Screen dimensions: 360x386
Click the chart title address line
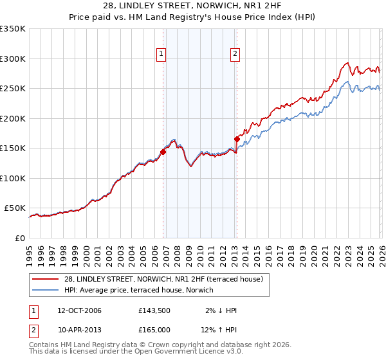pos(192,6)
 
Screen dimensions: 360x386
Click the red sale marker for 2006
pos(163,152)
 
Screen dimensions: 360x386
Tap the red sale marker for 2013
pos(237,139)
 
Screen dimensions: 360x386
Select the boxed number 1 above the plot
pos(160,55)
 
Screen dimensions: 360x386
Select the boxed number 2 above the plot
pos(235,55)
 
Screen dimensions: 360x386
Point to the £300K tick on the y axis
pos(13,59)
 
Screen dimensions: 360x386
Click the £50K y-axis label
pos(15,208)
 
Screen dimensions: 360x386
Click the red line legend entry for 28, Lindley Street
pos(163,279)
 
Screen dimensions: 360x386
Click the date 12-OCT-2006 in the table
pos(75,310)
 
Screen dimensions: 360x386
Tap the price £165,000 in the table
pos(154,330)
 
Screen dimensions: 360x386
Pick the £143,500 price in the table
pos(154,310)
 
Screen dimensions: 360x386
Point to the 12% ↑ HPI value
pos(219,330)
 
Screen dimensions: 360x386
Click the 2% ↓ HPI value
pos(221,310)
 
